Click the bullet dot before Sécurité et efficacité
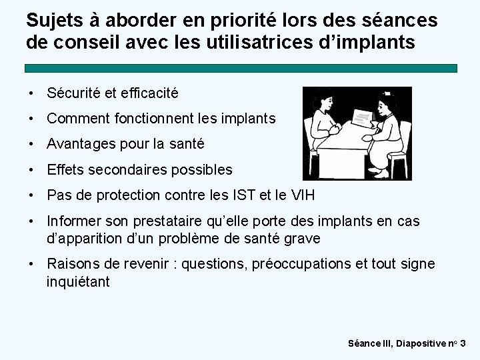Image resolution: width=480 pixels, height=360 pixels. click(32, 94)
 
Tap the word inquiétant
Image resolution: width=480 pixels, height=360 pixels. click(78, 281)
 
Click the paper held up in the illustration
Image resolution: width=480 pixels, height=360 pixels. click(361, 119)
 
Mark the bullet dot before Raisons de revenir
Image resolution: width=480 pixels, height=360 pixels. click(32, 265)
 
